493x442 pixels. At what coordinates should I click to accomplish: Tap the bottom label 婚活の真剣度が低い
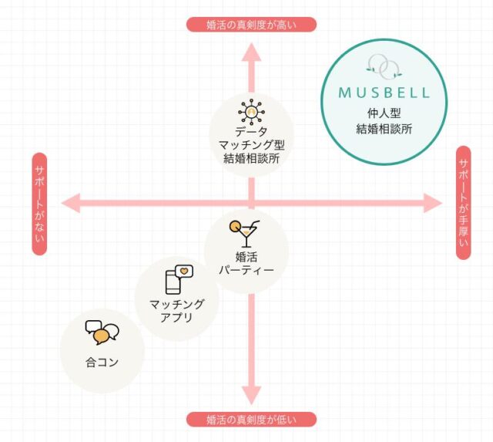(251, 420)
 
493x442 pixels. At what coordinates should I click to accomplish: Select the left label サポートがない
(39, 204)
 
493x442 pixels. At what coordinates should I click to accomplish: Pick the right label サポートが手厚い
(463, 202)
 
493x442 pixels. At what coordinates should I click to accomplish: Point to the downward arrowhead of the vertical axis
(251, 395)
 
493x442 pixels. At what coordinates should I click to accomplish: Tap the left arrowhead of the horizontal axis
(71, 204)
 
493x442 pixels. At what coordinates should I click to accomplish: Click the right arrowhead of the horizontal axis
(433, 204)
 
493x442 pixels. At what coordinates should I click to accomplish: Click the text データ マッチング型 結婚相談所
(251, 146)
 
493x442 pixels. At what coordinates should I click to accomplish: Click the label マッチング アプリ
(176, 310)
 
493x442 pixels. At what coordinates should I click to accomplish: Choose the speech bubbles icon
(102, 332)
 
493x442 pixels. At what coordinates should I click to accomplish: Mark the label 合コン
(102, 360)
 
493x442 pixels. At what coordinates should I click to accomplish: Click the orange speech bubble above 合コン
(102, 337)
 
